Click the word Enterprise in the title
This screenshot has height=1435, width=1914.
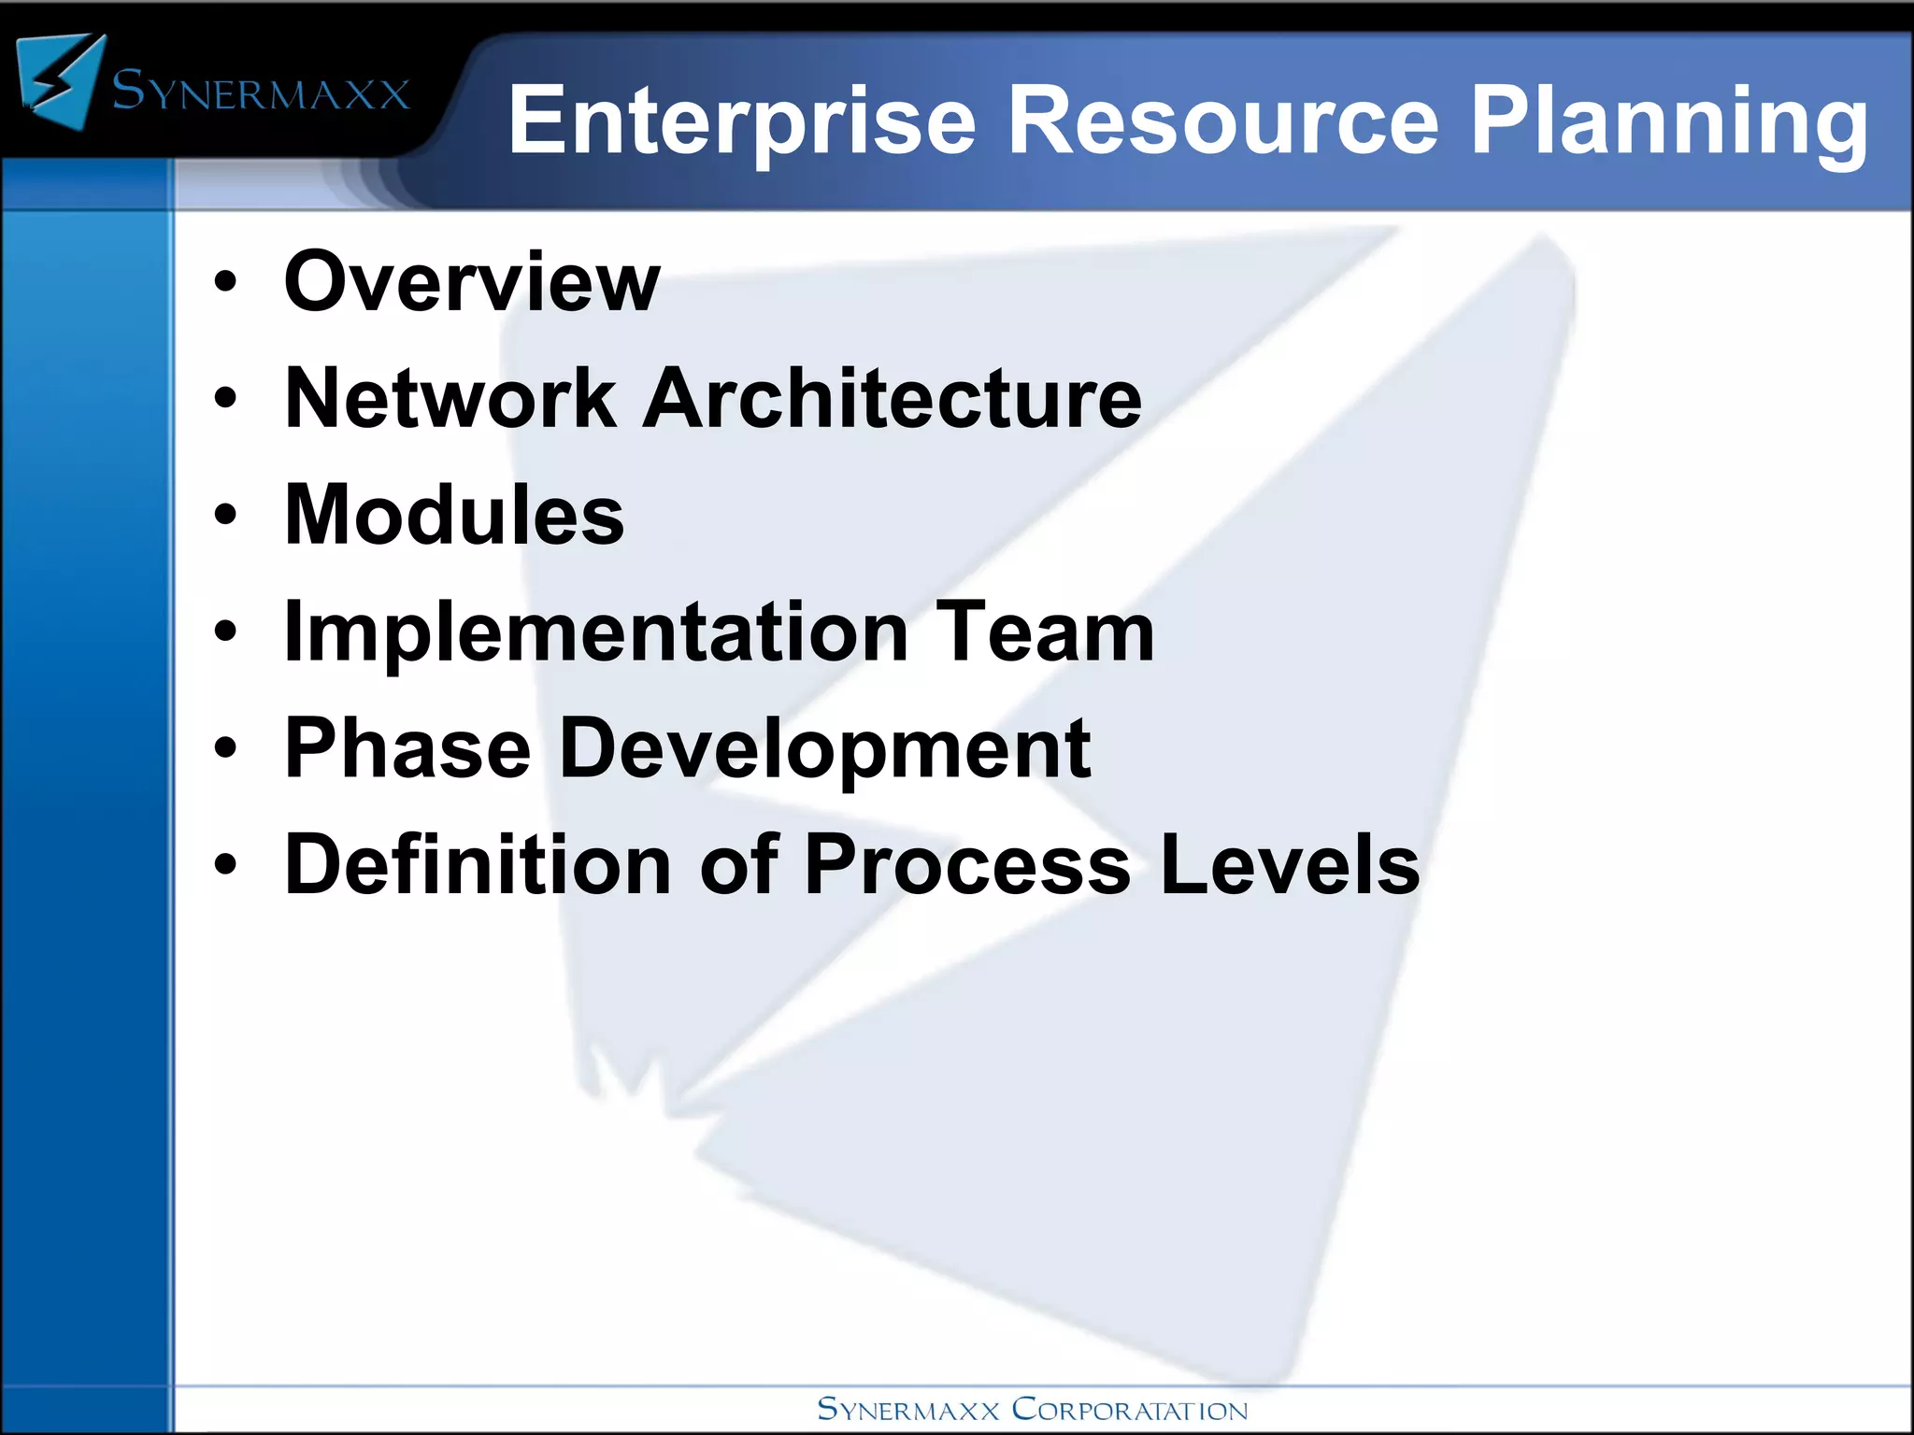point(741,121)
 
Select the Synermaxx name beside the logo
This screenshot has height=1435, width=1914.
point(261,92)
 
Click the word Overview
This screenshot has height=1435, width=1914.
point(472,281)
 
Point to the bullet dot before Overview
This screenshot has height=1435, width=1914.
point(225,282)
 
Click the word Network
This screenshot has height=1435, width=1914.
point(450,398)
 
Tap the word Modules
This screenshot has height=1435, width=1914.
point(454,515)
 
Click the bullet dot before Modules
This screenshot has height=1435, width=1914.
point(225,515)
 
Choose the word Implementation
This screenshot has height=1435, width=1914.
point(596,633)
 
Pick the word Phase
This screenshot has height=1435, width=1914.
point(407,748)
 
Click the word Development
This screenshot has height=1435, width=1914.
point(824,750)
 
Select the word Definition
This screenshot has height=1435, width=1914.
point(478,864)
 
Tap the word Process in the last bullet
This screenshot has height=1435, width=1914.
point(967,864)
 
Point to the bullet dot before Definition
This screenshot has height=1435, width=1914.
point(225,864)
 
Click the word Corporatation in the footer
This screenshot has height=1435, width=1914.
point(1130,1409)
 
